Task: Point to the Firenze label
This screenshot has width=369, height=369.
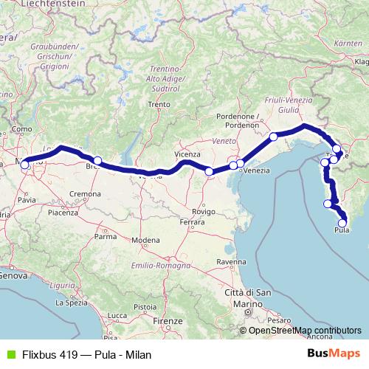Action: [x=168, y=322]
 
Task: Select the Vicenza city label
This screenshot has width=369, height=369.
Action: [x=187, y=154]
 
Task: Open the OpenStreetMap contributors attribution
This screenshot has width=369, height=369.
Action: [x=305, y=330]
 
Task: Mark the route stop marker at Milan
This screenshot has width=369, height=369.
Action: [x=24, y=165]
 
